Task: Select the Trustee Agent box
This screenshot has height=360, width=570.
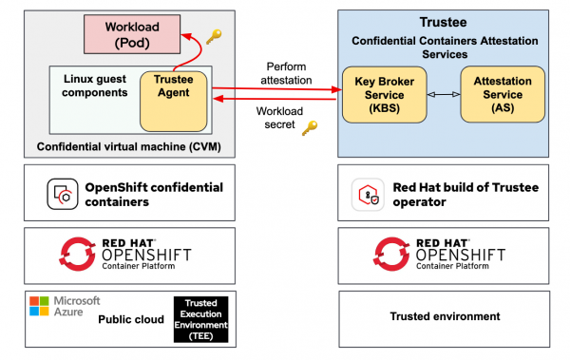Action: pos(173,98)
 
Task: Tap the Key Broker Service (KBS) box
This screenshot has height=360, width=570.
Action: pos(385,94)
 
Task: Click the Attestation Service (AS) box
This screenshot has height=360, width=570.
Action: pos(503,94)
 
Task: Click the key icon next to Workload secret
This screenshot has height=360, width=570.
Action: pos(309,128)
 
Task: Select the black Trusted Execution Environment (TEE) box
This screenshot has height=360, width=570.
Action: pos(201,318)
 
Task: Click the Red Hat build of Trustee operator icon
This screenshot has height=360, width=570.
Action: pos(367,193)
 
